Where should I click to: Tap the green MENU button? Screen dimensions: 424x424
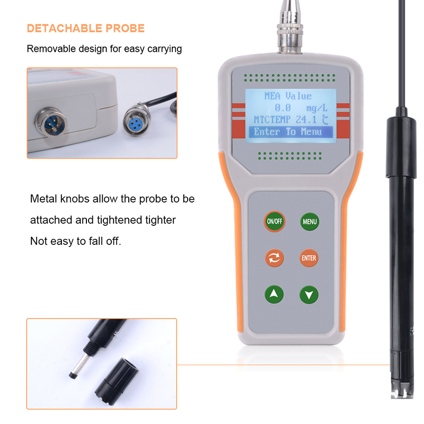tap(310, 222)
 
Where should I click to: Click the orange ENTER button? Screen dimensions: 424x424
tap(309, 258)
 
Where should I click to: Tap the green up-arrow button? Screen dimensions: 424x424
tap(274, 294)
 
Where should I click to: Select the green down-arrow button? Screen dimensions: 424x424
tap(309, 295)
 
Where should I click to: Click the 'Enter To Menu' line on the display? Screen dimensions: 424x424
tap(288, 131)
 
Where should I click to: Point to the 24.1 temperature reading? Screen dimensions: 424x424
tap(306, 119)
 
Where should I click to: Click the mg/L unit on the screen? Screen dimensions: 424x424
tap(316, 108)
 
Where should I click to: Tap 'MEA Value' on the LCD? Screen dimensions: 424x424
tap(288, 96)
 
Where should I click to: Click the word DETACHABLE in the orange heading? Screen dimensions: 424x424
tap(64, 29)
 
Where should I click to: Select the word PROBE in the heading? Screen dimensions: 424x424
tap(125, 29)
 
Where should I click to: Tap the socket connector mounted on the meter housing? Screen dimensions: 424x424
tap(51, 122)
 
